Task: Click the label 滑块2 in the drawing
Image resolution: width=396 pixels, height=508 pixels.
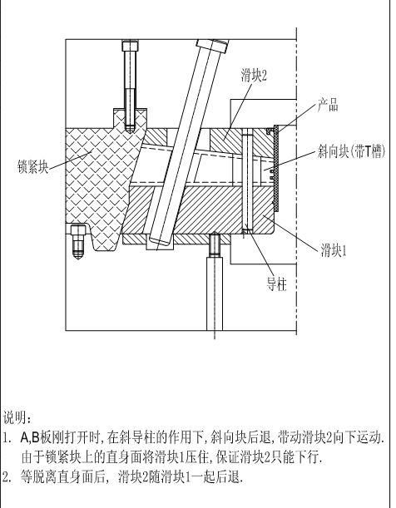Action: (254, 75)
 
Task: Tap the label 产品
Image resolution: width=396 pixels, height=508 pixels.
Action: (328, 106)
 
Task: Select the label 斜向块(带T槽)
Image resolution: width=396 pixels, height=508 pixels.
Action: (351, 151)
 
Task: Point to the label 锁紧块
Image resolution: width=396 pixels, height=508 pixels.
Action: (32, 166)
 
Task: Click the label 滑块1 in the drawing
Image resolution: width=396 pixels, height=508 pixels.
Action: (334, 250)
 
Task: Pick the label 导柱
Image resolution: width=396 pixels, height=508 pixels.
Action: (276, 285)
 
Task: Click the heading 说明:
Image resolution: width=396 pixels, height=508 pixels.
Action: (17, 417)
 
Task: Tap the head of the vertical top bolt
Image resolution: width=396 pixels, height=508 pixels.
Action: (131, 46)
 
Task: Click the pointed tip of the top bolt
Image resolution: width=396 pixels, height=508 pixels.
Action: (131, 132)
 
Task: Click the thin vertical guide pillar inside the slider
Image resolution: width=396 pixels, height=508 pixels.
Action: (247, 180)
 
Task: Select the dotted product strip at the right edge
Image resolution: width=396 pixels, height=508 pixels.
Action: (275, 168)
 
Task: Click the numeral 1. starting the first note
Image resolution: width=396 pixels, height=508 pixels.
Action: (7, 438)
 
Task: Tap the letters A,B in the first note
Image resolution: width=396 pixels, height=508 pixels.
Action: (30, 437)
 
